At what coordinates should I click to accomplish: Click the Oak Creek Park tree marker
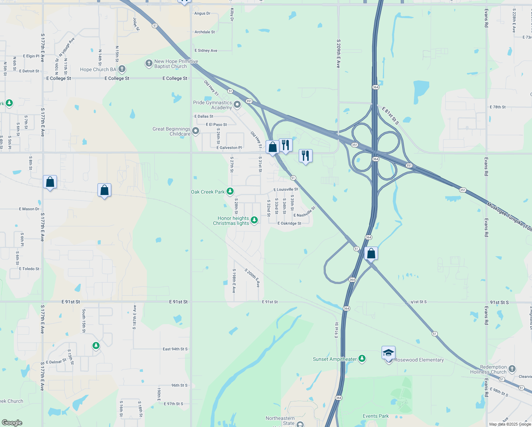(x=230, y=191)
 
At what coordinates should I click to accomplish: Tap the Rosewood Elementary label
(x=419, y=360)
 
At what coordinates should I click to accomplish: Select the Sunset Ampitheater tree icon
(x=362, y=358)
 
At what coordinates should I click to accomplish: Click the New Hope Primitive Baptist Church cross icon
(x=149, y=63)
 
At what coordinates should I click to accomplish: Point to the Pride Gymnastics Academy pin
(x=237, y=105)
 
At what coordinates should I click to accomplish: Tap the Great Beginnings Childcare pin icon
(x=195, y=131)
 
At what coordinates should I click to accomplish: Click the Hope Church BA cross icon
(x=122, y=69)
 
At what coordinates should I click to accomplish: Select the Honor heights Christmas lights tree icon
(x=254, y=220)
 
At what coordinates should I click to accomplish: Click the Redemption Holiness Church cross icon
(x=512, y=369)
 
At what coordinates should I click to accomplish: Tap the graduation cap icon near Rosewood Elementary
(x=388, y=353)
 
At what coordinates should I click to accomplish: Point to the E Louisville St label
(x=286, y=189)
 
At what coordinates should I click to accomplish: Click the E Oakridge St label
(x=289, y=223)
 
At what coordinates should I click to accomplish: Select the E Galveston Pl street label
(x=229, y=148)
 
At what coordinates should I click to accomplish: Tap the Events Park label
(x=376, y=416)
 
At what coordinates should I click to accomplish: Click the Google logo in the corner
(x=12, y=423)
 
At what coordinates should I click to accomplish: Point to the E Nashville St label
(x=304, y=212)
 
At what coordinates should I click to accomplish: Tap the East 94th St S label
(x=175, y=349)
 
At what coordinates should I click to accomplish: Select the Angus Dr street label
(x=202, y=14)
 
